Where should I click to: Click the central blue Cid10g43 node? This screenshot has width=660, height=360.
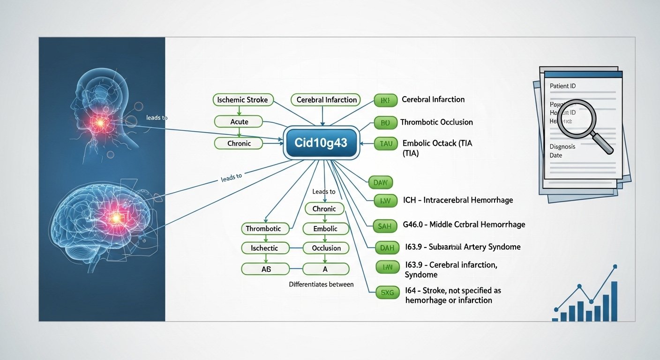(x=322, y=142)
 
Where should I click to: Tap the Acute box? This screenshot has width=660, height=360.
(x=239, y=122)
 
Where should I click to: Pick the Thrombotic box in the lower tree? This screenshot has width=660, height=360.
(x=264, y=229)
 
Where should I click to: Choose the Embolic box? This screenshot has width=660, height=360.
(x=326, y=229)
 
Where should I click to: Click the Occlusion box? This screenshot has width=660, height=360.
(x=326, y=248)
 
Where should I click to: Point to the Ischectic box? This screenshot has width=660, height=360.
(x=264, y=248)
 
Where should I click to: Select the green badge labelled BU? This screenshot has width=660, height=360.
(x=385, y=123)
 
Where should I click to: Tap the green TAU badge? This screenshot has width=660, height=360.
(x=386, y=144)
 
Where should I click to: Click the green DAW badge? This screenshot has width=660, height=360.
(x=380, y=182)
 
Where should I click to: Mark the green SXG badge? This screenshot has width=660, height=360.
(x=388, y=293)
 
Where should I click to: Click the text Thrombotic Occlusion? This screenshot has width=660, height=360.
(x=436, y=122)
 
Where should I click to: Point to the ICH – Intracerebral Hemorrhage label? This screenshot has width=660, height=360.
(x=458, y=200)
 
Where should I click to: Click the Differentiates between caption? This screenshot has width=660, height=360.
(x=321, y=285)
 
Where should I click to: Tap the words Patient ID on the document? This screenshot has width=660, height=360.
(x=562, y=86)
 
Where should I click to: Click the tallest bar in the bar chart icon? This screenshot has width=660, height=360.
(x=614, y=301)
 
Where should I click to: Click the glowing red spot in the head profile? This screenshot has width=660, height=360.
(x=100, y=123)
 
